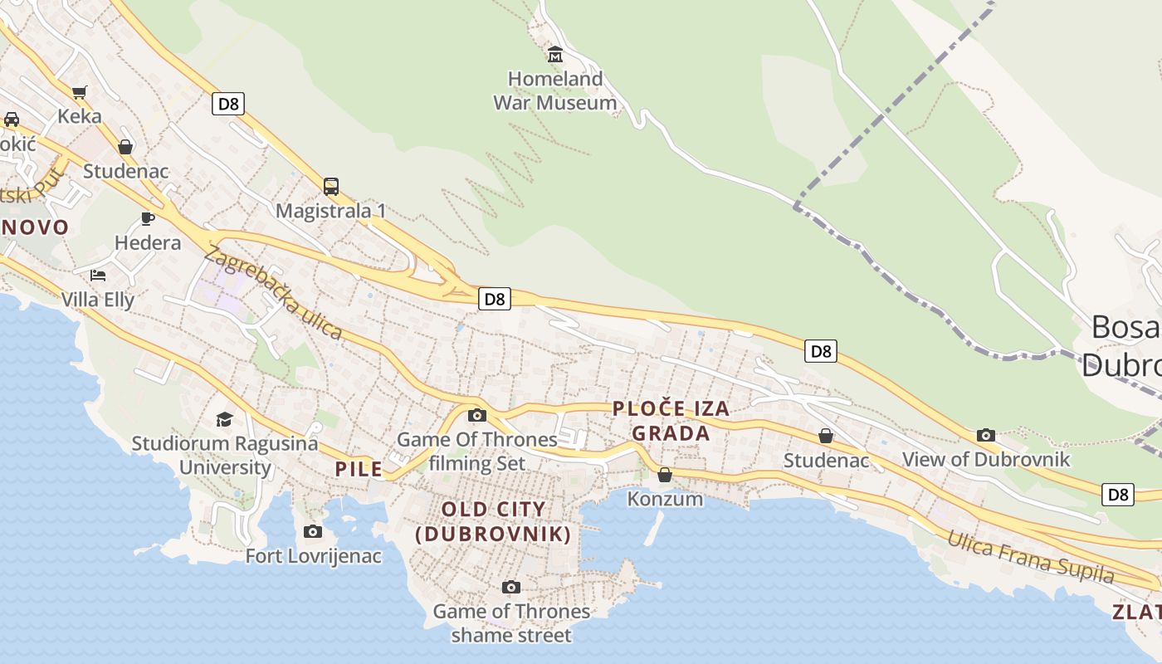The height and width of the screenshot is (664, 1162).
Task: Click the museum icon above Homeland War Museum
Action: pyautogui.click(x=555, y=55)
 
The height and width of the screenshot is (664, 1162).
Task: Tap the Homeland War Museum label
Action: pyautogui.click(x=555, y=91)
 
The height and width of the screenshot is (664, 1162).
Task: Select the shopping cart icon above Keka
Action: pyautogui.click(x=80, y=92)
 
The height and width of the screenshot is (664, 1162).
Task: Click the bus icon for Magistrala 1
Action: pyautogui.click(x=330, y=187)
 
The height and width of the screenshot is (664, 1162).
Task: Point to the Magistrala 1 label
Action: pyautogui.click(x=330, y=211)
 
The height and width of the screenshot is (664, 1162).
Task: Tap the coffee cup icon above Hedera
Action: pyautogui.click(x=148, y=218)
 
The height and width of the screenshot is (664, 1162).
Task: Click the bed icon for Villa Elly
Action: pyautogui.click(x=98, y=275)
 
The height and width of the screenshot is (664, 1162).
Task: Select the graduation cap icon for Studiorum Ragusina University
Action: pyautogui.click(x=224, y=419)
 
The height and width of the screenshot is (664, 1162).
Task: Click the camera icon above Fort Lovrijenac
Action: pyautogui.click(x=313, y=531)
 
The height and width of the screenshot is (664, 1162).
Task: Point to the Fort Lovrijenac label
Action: pyautogui.click(x=313, y=556)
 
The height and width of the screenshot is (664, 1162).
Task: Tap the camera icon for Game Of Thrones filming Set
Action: pyautogui.click(x=477, y=415)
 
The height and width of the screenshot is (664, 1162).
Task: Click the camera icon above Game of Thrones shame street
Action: pyautogui.click(x=511, y=588)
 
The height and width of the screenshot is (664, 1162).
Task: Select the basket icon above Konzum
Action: pyautogui.click(x=665, y=475)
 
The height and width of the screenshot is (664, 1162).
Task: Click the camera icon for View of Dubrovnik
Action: pyautogui.click(x=986, y=435)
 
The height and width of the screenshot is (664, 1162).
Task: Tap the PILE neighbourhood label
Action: pyautogui.click(x=359, y=469)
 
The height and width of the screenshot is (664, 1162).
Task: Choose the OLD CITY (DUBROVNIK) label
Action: pyautogui.click(x=494, y=521)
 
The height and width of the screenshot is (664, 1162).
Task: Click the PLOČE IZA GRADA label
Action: pyautogui.click(x=671, y=421)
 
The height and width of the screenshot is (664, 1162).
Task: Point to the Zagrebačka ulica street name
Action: pyautogui.click(x=272, y=292)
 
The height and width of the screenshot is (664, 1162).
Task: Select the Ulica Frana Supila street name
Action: pyautogui.click(x=1030, y=558)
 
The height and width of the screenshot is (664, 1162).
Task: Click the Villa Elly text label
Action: pyautogui.click(x=98, y=300)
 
